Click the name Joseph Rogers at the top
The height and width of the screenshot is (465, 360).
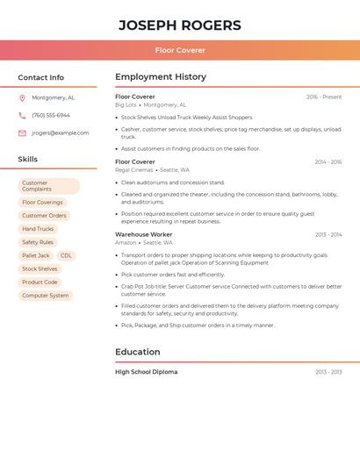point(180,25)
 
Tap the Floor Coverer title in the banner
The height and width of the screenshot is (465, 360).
point(180,50)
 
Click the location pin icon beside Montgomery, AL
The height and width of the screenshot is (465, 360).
point(22,98)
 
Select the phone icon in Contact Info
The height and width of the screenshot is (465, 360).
point(22,116)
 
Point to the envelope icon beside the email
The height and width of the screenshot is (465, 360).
point(22,133)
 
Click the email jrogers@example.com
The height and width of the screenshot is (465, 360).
point(61,133)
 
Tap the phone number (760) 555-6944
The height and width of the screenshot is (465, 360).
point(51,116)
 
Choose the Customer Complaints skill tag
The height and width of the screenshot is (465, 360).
point(48,186)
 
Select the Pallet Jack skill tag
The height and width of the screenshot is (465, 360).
point(36,255)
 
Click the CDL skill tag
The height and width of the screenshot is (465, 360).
point(66,255)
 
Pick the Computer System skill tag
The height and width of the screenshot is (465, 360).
point(46,296)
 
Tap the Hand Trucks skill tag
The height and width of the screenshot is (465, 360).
point(38,229)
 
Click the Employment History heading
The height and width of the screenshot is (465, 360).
point(161,77)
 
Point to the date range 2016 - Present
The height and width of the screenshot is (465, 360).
point(324,97)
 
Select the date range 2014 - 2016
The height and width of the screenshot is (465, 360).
point(328,162)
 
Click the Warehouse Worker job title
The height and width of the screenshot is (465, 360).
point(144,235)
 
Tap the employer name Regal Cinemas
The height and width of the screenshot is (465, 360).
point(133,170)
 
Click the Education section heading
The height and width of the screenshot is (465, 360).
point(138,352)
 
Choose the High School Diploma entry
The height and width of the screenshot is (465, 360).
point(147,372)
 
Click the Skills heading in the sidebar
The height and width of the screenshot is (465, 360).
point(28,160)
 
